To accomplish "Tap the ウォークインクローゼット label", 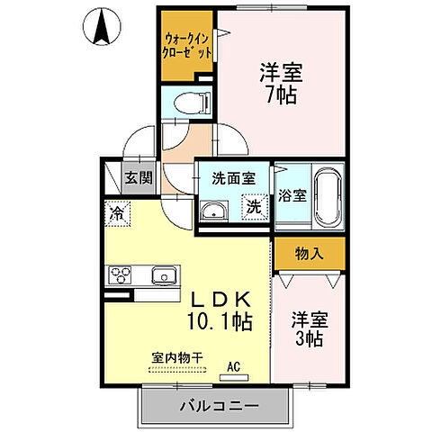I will (x=187, y=46).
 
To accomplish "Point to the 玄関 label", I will (x=138, y=177).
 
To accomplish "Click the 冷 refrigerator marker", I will (x=118, y=213).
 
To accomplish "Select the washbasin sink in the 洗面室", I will (x=213, y=211).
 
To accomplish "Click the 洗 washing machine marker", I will (x=256, y=206).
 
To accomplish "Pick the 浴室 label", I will (x=292, y=195).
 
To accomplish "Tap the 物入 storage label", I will (x=309, y=255).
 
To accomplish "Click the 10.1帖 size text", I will (x=220, y=321).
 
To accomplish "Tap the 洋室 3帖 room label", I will (x=309, y=329).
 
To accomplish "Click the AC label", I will (x=234, y=365).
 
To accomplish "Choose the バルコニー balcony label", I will (x=217, y=406).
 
